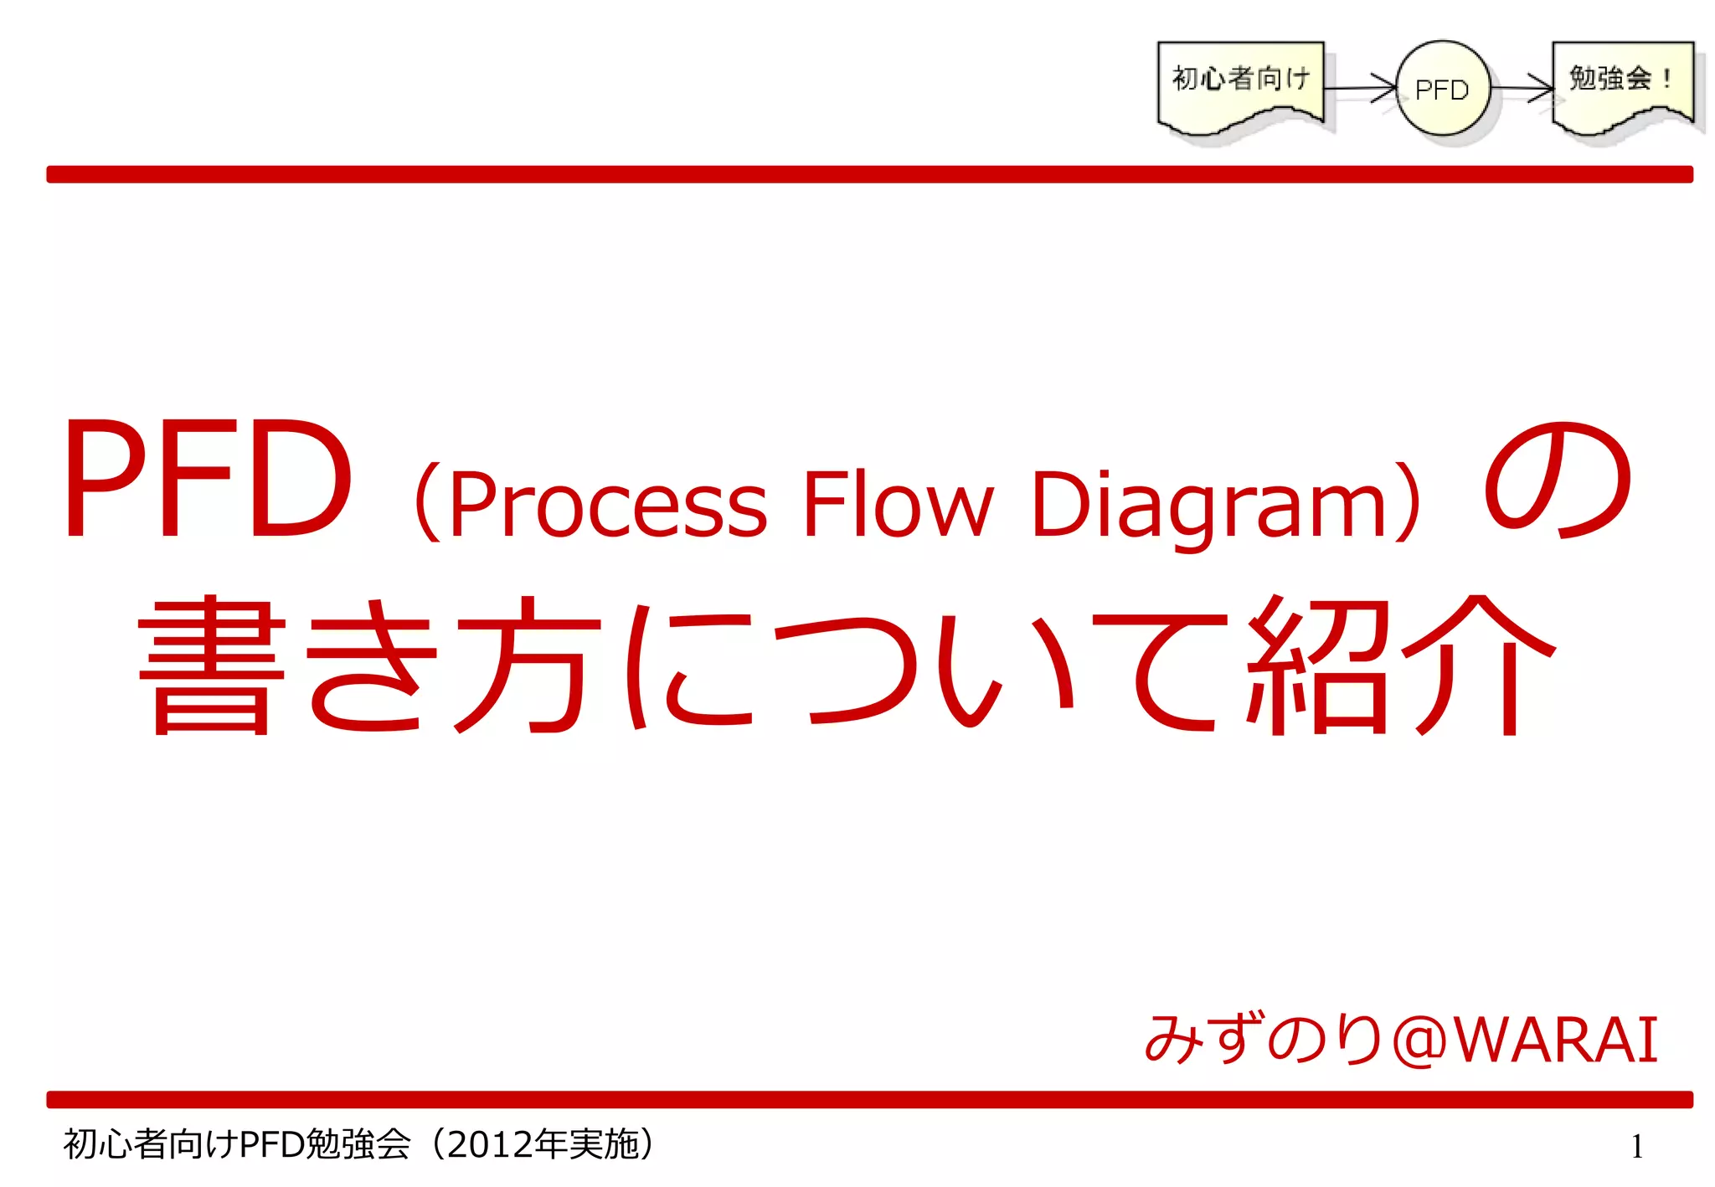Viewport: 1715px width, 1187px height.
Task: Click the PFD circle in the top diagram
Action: pyautogui.click(x=1443, y=88)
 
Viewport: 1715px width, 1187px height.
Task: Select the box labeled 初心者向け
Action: pyautogui.click(x=1240, y=84)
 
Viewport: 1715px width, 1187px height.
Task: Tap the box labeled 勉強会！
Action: pyautogui.click(x=1622, y=84)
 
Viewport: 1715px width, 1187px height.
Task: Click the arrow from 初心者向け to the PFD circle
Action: pyautogui.click(x=1361, y=87)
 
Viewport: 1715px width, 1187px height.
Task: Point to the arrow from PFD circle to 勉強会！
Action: pyautogui.click(x=1522, y=87)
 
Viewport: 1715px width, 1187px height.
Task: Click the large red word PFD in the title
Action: pyautogui.click(x=206, y=479)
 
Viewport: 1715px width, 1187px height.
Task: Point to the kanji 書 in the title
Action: pyautogui.click(x=212, y=665)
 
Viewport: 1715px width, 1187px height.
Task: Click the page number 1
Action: pyautogui.click(x=1637, y=1146)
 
